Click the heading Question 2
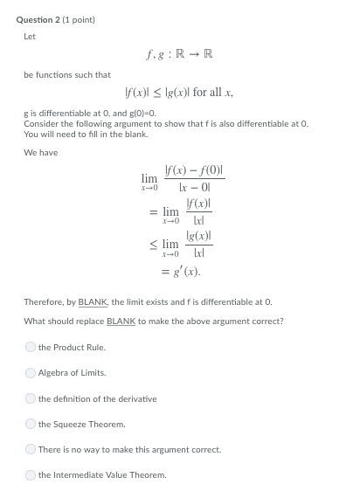[39, 19]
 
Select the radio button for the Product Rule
[31, 347]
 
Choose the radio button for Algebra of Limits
[31, 372]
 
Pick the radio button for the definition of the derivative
[31, 398]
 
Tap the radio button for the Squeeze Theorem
[31, 424]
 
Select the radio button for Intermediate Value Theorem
[31, 475]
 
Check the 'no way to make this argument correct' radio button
[31, 449]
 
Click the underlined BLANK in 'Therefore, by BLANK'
[92, 301]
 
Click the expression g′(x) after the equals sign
[186, 273]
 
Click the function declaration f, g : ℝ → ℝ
[181, 55]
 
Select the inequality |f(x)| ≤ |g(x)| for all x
[180, 93]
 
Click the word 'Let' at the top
[29, 36]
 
